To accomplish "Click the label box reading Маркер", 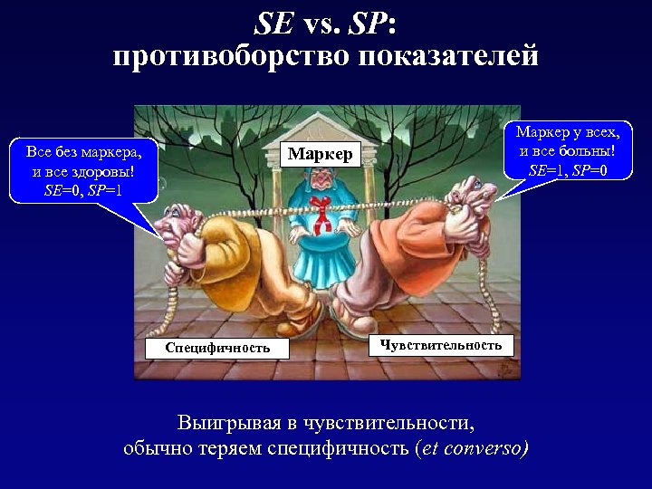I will point(320,155).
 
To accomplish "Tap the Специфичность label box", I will point(217,348).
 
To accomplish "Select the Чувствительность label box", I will point(441,345).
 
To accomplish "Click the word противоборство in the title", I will point(231,58).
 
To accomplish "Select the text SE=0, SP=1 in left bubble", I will point(82,191).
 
